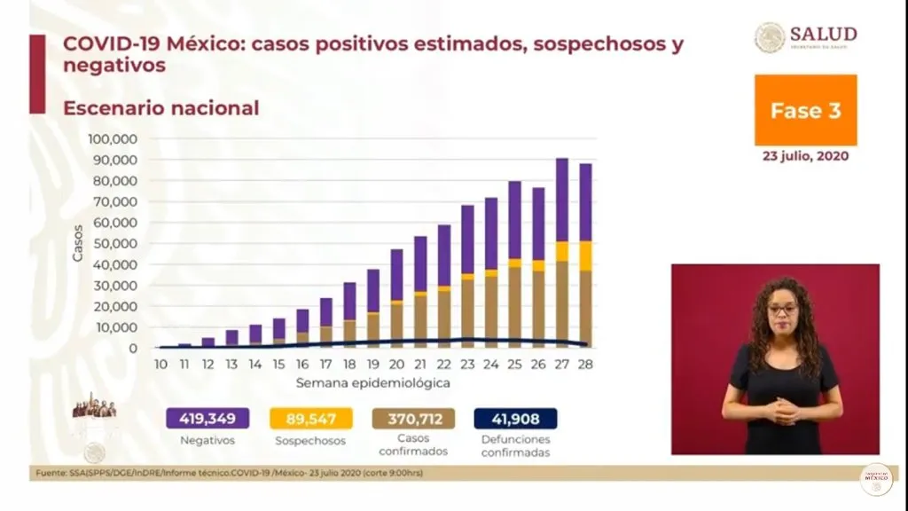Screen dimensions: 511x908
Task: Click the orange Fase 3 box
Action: pos(805,110)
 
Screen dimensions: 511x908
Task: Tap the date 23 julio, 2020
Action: pos(805,155)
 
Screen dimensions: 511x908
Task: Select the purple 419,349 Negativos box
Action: pos(206,419)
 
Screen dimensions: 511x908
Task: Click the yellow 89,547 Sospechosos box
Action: pos(309,419)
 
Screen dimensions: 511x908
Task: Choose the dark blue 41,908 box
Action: pos(515,419)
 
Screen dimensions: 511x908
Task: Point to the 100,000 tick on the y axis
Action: pos(112,139)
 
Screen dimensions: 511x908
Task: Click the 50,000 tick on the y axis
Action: pos(115,244)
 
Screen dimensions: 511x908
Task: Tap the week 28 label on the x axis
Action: pos(585,364)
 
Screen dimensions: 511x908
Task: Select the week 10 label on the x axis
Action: pos(160,364)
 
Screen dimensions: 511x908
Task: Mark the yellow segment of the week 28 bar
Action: pos(585,255)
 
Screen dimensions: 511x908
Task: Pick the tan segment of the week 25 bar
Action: pos(514,307)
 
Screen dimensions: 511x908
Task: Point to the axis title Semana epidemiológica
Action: pos(373,383)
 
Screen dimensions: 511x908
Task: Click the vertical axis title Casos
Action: pos(78,243)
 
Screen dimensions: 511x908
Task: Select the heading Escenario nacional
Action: pos(160,108)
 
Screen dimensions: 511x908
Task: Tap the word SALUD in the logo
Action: pos(823,34)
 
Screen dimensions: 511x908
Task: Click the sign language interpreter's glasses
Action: pos(782,310)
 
